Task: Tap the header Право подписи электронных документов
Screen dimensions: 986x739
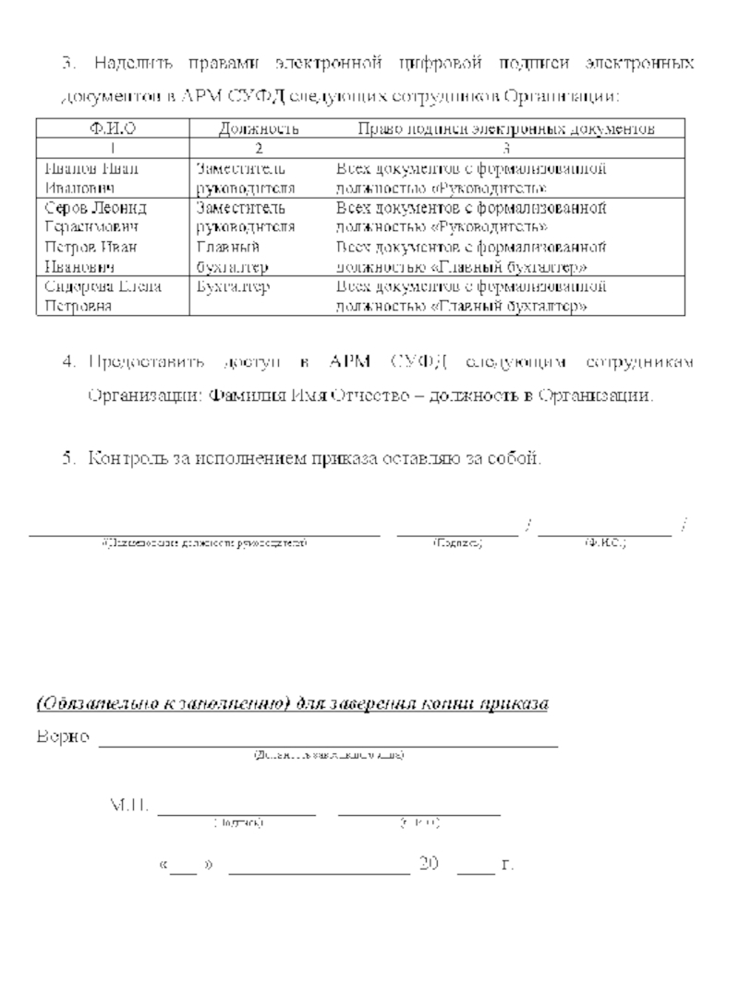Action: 506,129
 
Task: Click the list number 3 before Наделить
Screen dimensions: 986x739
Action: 67,65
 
